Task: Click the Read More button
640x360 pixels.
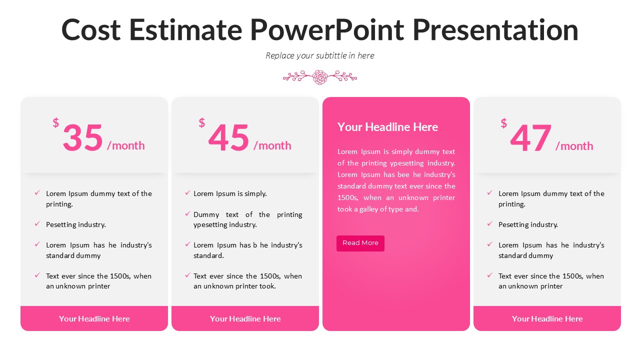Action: point(360,243)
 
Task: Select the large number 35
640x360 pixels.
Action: point(83,137)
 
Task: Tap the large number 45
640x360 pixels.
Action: point(229,137)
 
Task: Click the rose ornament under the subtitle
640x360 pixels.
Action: point(320,77)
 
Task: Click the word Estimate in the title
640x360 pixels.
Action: point(185,29)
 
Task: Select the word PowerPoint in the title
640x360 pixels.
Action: point(327,29)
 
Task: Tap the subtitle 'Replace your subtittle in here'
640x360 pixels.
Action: point(320,55)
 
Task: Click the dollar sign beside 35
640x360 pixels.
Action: point(56,123)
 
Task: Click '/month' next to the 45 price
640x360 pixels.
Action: point(272,145)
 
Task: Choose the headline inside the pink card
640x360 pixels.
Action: point(387,127)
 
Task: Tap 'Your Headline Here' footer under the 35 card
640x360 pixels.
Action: point(94,318)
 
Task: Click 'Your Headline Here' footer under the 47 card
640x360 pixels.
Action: point(547,318)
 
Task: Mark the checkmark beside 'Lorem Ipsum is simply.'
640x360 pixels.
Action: point(187,193)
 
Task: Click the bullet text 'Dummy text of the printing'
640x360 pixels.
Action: point(247,214)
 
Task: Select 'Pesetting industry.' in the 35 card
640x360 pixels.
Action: point(76,224)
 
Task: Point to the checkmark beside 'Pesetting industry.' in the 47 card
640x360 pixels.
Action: point(490,224)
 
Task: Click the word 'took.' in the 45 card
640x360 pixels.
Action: point(267,286)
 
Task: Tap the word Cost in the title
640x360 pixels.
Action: point(91,29)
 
